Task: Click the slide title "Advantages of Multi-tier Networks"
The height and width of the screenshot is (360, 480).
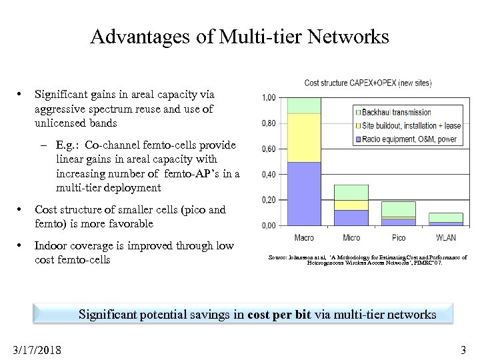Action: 239,37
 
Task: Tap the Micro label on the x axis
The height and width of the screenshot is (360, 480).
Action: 351,238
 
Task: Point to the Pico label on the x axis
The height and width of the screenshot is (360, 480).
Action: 398,238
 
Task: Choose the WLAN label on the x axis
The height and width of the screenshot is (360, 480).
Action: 445,238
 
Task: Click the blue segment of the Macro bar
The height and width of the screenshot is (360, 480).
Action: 304,193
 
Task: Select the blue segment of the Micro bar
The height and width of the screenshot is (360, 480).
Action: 351,217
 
